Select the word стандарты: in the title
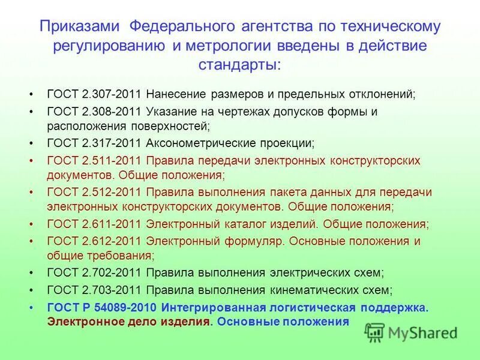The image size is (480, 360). (x=240, y=64)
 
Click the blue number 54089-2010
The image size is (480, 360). (x=124, y=307)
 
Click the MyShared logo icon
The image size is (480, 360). (x=375, y=332)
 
